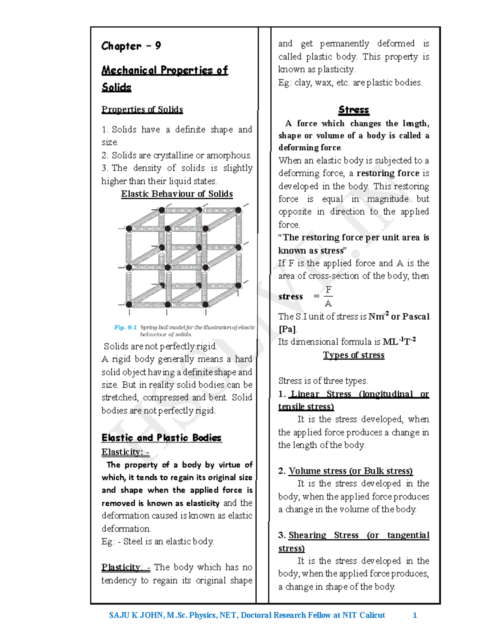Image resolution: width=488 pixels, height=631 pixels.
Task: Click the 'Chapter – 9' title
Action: coord(131,46)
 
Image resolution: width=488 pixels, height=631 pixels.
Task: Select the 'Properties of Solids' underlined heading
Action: coord(142,110)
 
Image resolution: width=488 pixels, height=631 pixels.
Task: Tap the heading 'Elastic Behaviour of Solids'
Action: coord(176,194)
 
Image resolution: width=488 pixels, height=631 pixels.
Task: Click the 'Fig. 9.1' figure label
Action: coord(125,327)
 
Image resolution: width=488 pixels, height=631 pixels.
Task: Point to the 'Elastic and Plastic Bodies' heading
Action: coord(161,438)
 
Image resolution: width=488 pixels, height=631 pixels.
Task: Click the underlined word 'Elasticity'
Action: coord(121,452)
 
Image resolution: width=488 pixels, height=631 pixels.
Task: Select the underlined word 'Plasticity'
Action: coord(121,567)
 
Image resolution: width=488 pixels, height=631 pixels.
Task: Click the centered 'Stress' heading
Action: coord(353,110)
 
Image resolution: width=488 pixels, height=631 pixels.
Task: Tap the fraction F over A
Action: coord(328,296)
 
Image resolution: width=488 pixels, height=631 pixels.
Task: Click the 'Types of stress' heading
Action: coord(353,355)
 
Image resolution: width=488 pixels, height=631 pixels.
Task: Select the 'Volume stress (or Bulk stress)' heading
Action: coord(351,471)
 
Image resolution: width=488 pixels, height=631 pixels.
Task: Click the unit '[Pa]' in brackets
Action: coord(287,329)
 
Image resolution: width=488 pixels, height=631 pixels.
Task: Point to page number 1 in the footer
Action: coord(415,615)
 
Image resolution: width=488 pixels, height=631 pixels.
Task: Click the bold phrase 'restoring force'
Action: coord(388,173)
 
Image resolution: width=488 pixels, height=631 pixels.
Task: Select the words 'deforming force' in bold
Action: coord(309,147)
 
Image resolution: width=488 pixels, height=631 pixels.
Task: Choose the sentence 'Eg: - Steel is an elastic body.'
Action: coord(158,542)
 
